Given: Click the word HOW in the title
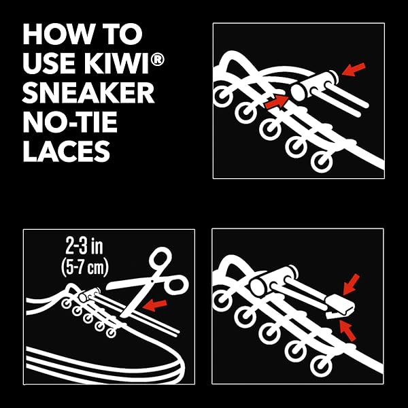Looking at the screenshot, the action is click(x=58, y=34).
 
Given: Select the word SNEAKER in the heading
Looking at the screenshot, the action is click(x=88, y=92).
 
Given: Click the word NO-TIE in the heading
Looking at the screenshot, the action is click(x=70, y=122).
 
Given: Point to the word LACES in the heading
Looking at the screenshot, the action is click(x=67, y=151).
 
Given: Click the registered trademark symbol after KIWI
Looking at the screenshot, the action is click(x=158, y=59).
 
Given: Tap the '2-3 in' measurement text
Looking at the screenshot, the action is click(x=84, y=246).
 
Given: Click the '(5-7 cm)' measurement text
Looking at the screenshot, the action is click(x=85, y=267).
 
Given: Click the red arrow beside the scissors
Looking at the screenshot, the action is click(x=155, y=305).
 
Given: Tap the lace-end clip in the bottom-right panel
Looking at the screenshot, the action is click(x=339, y=306).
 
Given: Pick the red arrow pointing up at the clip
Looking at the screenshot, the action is click(x=347, y=330).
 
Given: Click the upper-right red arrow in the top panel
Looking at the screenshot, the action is click(x=354, y=69).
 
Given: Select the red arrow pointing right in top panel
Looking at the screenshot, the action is click(x=277, y=101).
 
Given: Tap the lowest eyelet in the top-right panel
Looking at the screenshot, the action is click(x=322, y=162).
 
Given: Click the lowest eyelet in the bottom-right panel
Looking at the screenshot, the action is click(x=322, y=366).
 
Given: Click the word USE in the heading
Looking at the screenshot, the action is click(x=50, y=63).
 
